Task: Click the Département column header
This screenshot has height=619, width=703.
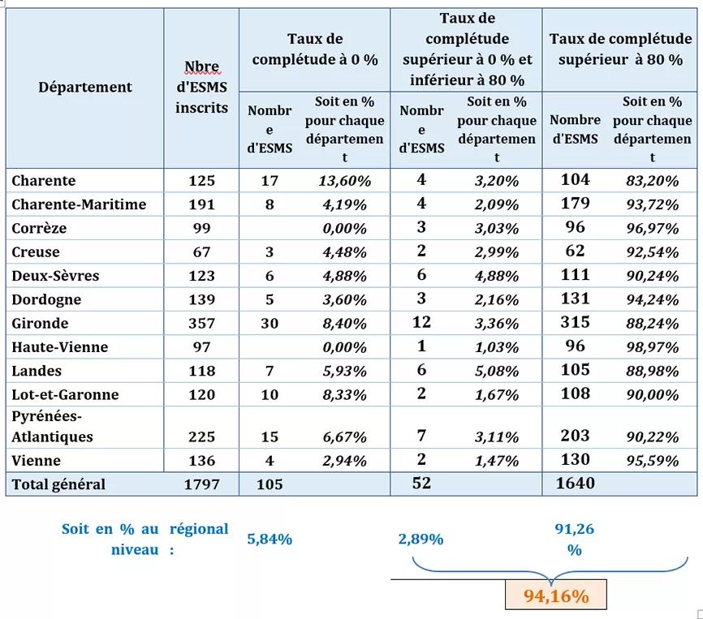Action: click(85, 87)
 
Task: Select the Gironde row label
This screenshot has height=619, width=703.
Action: click(40, 324)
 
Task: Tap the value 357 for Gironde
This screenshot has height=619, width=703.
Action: click(202, 324)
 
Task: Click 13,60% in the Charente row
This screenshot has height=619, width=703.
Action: click(345, 181)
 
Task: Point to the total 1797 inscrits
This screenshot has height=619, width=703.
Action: click(202, 484)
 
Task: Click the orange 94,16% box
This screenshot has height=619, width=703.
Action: click(556, 595)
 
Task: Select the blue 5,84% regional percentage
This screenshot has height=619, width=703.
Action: click(270, 539)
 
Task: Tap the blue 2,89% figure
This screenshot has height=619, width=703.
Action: click(421, 539)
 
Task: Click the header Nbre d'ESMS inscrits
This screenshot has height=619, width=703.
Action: click(202, 87)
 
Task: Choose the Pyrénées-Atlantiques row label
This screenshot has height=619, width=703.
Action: click(53, 427)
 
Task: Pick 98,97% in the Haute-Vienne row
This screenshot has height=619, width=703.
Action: click(653, 347)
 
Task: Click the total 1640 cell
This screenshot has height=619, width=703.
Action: click(576, 484)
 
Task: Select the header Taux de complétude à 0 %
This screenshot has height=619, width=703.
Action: click(315, 49)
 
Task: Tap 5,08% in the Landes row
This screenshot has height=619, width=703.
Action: click(497, 371)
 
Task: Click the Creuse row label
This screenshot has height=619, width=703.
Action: click(36, 252)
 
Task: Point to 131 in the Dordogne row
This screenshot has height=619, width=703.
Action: click(576, 299)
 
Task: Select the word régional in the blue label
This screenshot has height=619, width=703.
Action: click(199, 529)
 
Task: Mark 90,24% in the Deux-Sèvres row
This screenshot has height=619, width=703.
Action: click(653, 276)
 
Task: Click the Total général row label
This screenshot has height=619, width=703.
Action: click(58, 484)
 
